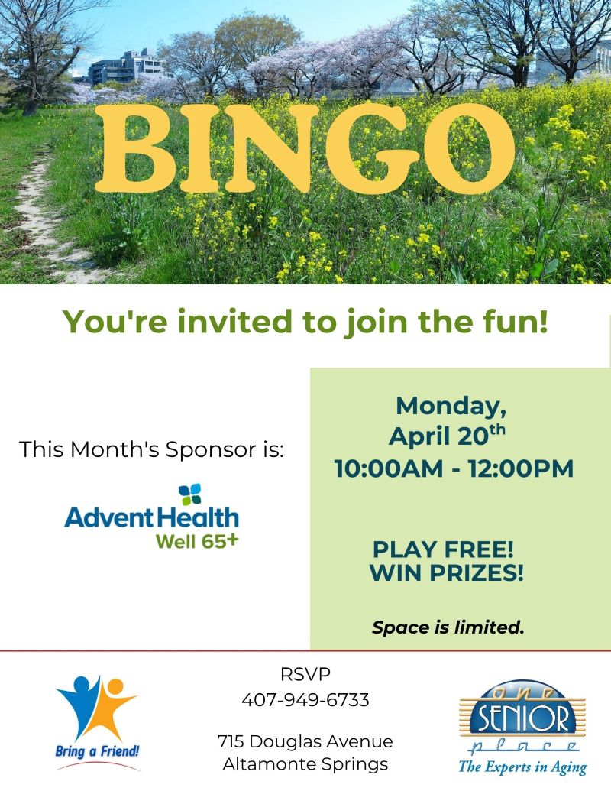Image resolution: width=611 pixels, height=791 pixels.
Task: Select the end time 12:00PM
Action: (519, 468)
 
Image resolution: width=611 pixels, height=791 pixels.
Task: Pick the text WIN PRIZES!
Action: (447, 573)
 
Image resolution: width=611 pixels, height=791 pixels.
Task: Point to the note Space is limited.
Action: (448, 628)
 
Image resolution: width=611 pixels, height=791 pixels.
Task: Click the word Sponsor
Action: (207, 449)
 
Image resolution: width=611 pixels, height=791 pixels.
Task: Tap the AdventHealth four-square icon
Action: (189, 494)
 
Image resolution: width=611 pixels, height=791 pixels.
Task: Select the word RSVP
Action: (305, 675)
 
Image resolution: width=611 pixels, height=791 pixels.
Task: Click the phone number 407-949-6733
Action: (305, 699)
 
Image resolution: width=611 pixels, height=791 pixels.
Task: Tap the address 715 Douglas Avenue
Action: (305, 741)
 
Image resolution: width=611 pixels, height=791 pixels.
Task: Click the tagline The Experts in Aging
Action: (522, 767)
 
